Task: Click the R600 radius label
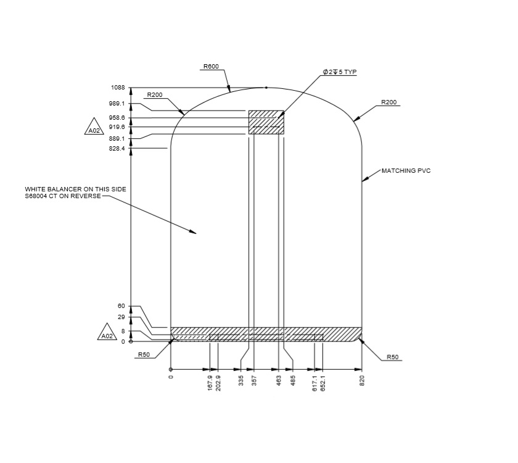coord(211,66)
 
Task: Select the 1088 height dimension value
coord(118,88)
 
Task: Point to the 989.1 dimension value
coord(117,104)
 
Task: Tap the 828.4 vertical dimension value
coord(117,149)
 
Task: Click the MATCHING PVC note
coord(406,170)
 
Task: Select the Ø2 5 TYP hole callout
coord(340,72)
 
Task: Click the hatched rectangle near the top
coord(266,122)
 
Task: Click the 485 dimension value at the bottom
coord(293,382)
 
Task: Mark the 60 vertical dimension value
coord(121,306)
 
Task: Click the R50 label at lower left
coord(144,355)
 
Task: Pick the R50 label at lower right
coord(393,357)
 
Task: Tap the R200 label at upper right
coord(388,102)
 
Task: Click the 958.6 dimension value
coord(117,117)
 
